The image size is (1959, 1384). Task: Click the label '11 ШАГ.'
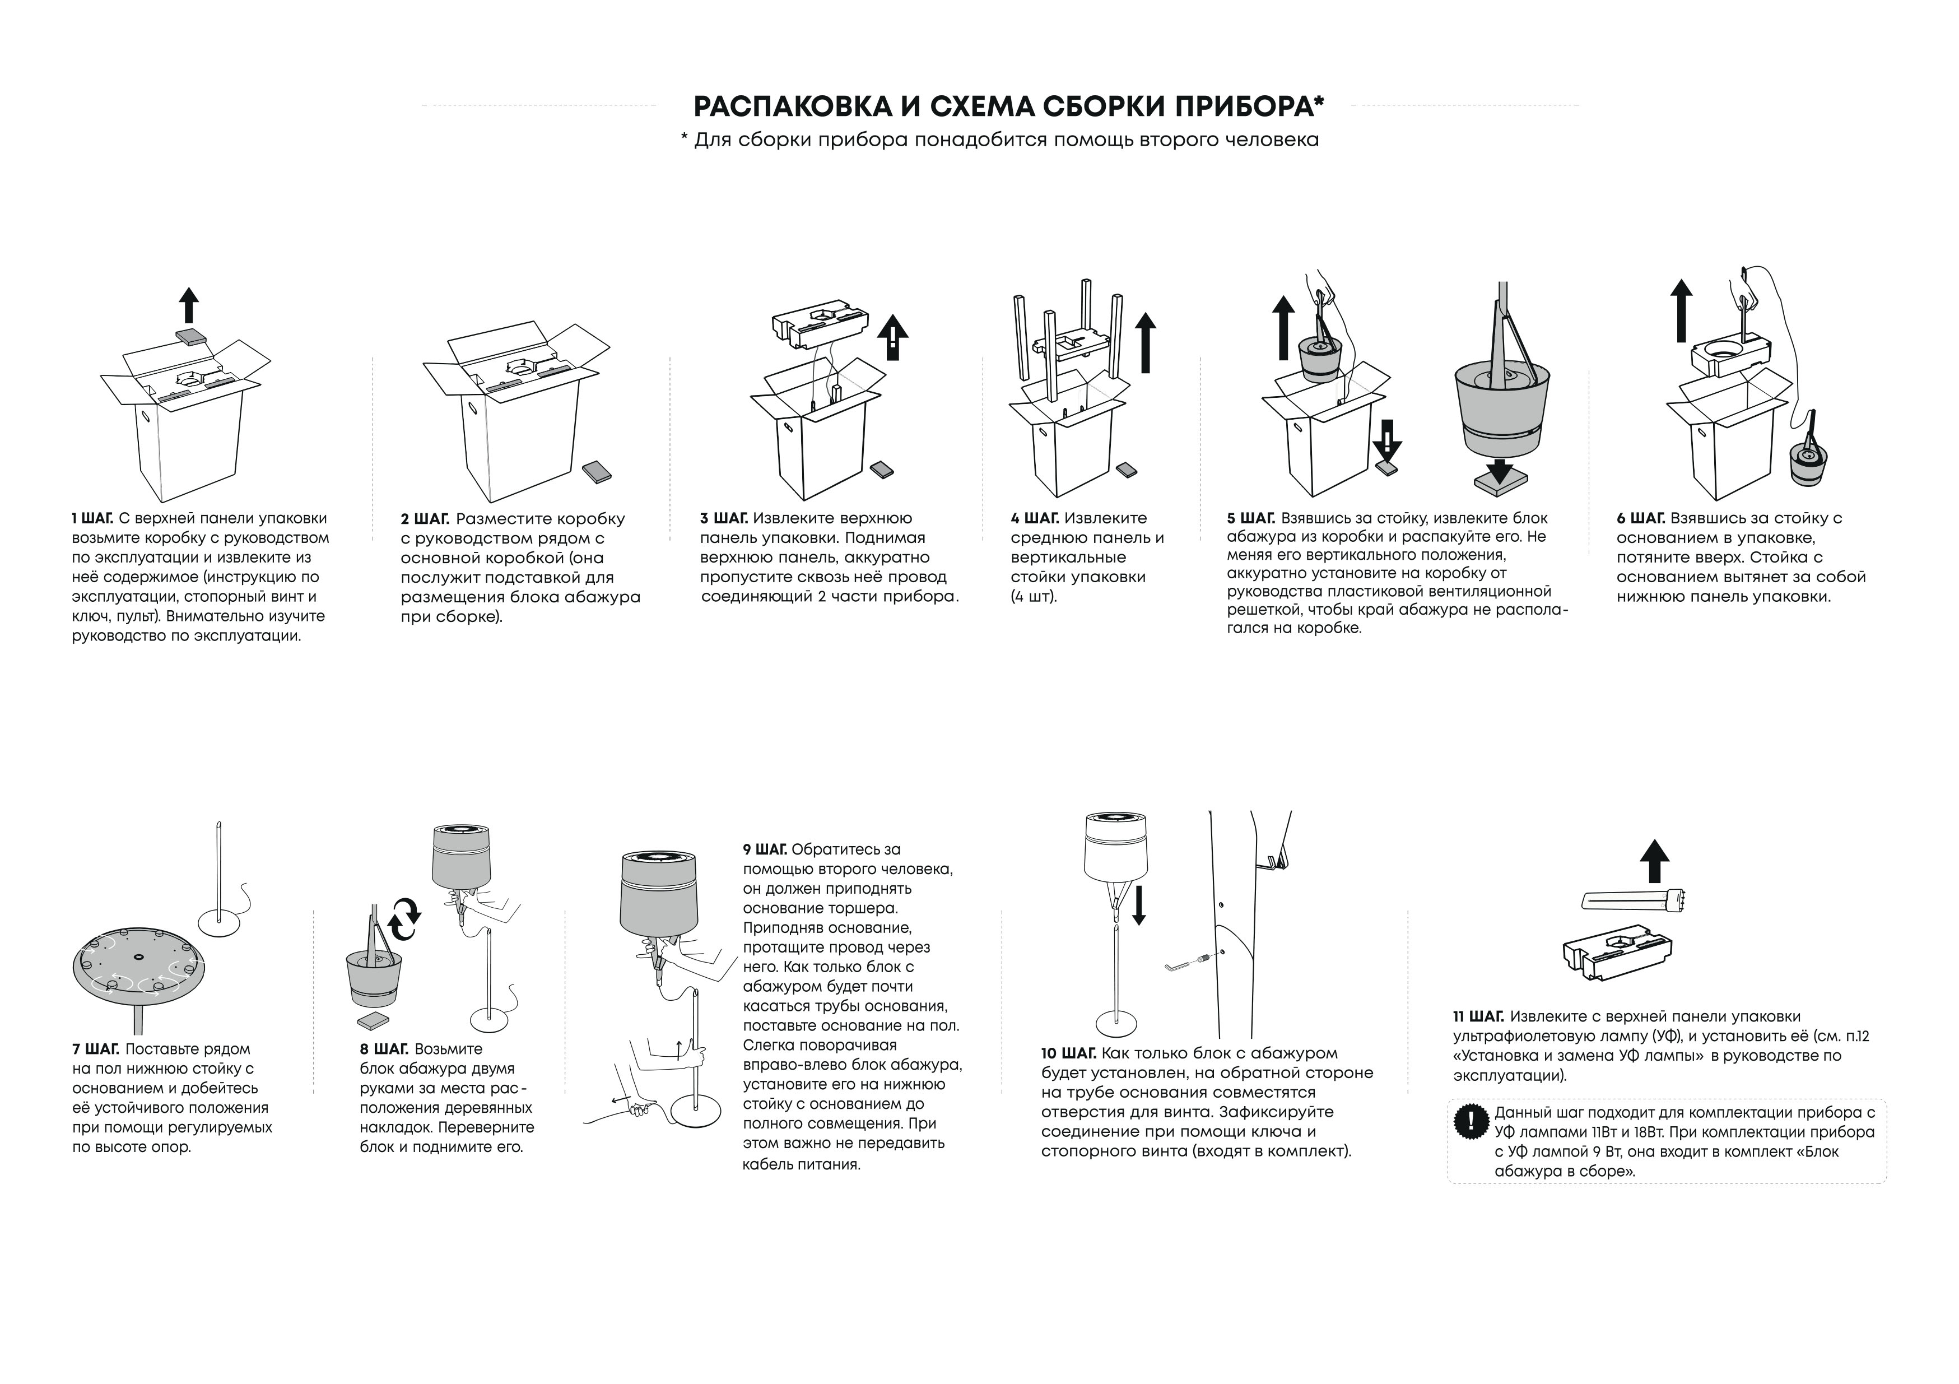[x=1479, y=1017]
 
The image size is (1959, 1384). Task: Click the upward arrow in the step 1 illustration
[x=189, y=305]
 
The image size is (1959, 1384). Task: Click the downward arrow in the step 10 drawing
[x=1138, y=905]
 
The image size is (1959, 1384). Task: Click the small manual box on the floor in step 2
[x=597, y=472]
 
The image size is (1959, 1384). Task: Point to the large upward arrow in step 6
[x=1681, y=310]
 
